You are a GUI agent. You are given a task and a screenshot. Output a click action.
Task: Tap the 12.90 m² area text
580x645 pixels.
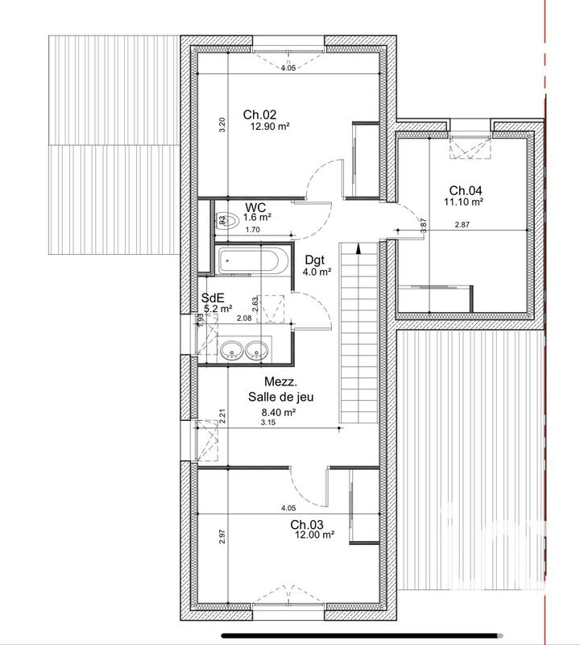pos(269,127)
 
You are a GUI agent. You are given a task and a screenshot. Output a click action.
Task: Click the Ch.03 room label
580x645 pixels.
pos(306,525)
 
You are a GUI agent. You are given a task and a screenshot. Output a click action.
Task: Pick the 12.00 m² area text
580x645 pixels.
pos(314,535)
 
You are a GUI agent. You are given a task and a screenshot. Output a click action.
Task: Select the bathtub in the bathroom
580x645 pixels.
pos(250,261)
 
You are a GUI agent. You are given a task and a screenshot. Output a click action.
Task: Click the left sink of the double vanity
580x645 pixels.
pos(231,351)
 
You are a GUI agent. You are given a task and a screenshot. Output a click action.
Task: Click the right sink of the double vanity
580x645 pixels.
pos(256,351)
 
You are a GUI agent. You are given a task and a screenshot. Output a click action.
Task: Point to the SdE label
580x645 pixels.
pos(213,298)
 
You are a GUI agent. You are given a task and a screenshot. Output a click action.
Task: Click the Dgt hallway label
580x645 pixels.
pos(316,260)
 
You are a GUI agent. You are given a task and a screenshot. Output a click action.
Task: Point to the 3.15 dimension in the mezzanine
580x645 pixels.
pos(268,422)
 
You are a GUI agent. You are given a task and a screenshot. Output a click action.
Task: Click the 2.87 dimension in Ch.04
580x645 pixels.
pos(462,225)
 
